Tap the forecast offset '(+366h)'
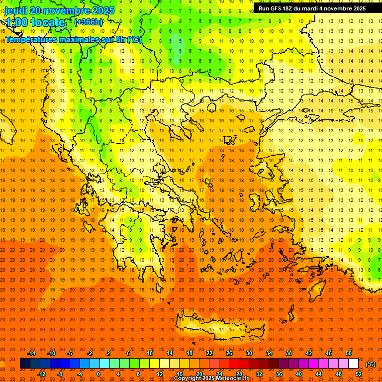pos(89,22)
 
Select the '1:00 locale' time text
pos(35,22)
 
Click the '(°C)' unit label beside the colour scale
pos(371,364)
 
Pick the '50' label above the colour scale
pos(349,353)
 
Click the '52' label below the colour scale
pos(359,374)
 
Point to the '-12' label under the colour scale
pos(41,374)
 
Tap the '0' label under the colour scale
pos(98,374)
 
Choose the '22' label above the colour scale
pos(209,353)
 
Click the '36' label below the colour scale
pos(279,374)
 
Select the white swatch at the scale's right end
pos(354,364)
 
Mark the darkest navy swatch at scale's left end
pos(25,364)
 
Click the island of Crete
pos(219,328)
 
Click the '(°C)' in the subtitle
pos(134,40)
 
